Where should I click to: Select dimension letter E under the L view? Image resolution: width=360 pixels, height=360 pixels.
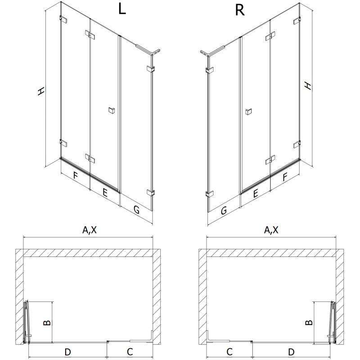[104, 193]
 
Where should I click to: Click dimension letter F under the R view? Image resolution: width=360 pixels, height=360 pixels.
[284, 177]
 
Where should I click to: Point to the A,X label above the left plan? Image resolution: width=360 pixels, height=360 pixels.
[89, 230]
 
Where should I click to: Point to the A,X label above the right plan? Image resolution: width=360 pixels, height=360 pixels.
[271, 230]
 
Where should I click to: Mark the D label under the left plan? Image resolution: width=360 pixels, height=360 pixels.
[67, 351]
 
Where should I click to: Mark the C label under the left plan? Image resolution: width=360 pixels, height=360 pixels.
[129, 351]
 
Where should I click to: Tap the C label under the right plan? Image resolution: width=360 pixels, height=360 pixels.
[229, 351]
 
